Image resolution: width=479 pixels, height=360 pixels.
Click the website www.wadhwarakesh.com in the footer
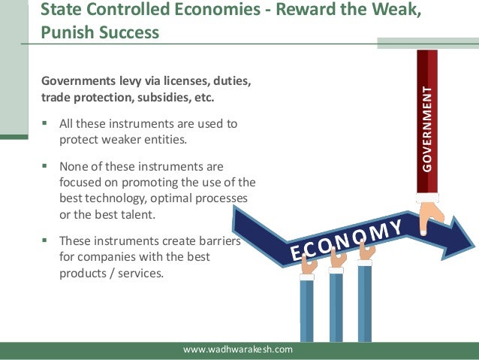[x=239, y=349]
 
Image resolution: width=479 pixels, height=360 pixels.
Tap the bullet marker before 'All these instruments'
[x=47, y=123]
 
